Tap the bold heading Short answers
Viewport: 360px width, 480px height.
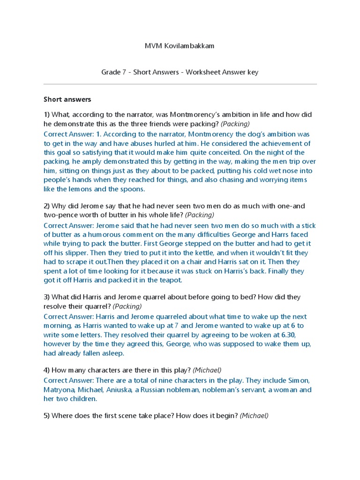tap(67, 99)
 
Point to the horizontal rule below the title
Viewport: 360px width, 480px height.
tap(180, 84)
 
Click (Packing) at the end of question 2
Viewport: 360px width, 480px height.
tap(200, 215)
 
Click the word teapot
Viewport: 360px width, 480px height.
tap(168, 280)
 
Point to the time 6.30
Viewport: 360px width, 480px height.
tap(285, 335)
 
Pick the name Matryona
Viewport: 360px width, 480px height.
tap(60, 390)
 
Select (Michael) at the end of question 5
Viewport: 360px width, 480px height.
tap(254, 416)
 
